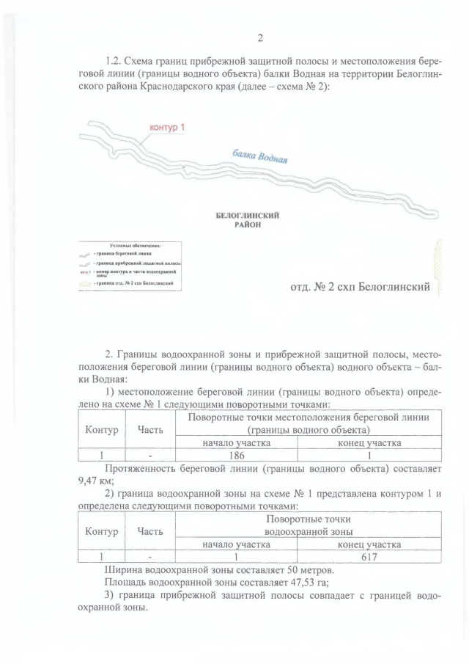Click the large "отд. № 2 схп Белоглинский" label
coord(360,286)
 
